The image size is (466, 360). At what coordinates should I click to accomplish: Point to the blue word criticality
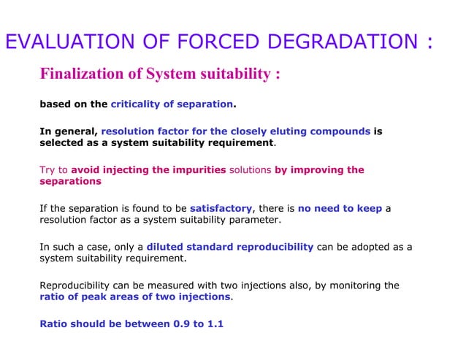click(x=139, y=104)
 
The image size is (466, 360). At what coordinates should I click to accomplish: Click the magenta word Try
click(x=47, y=170)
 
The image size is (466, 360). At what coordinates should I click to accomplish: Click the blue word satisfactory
click(x=221, y=208)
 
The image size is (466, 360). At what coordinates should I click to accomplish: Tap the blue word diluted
click(x=167, y=246)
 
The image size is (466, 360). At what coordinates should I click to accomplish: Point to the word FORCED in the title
click(x=200, y=42)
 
